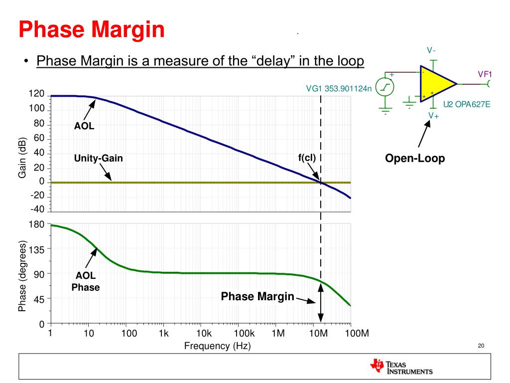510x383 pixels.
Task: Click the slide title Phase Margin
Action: coord(92,29)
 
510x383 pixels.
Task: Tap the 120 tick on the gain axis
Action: coord(36,94)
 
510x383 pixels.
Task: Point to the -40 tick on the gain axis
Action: coord(37,209)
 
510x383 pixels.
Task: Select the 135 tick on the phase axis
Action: coord(36,249)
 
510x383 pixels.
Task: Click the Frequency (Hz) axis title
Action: coord(217,346)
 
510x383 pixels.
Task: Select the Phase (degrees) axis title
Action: coord(22,276)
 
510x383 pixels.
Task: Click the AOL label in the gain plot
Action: coord(84,126)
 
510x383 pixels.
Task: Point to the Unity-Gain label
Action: coord(98,159)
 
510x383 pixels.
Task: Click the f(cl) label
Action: coord(307,158)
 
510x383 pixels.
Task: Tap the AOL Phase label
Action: coord(86,282)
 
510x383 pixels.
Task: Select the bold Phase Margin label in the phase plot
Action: coord(257,297)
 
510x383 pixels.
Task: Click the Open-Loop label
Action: coord(415,159)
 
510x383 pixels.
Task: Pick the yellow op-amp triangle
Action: coord(435,84)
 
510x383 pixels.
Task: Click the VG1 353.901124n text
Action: coord(339,89)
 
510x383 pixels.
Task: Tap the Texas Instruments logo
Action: coord(401,367)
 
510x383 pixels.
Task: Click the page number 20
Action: coord(481,346)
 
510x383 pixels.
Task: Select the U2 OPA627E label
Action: coord(467,104)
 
